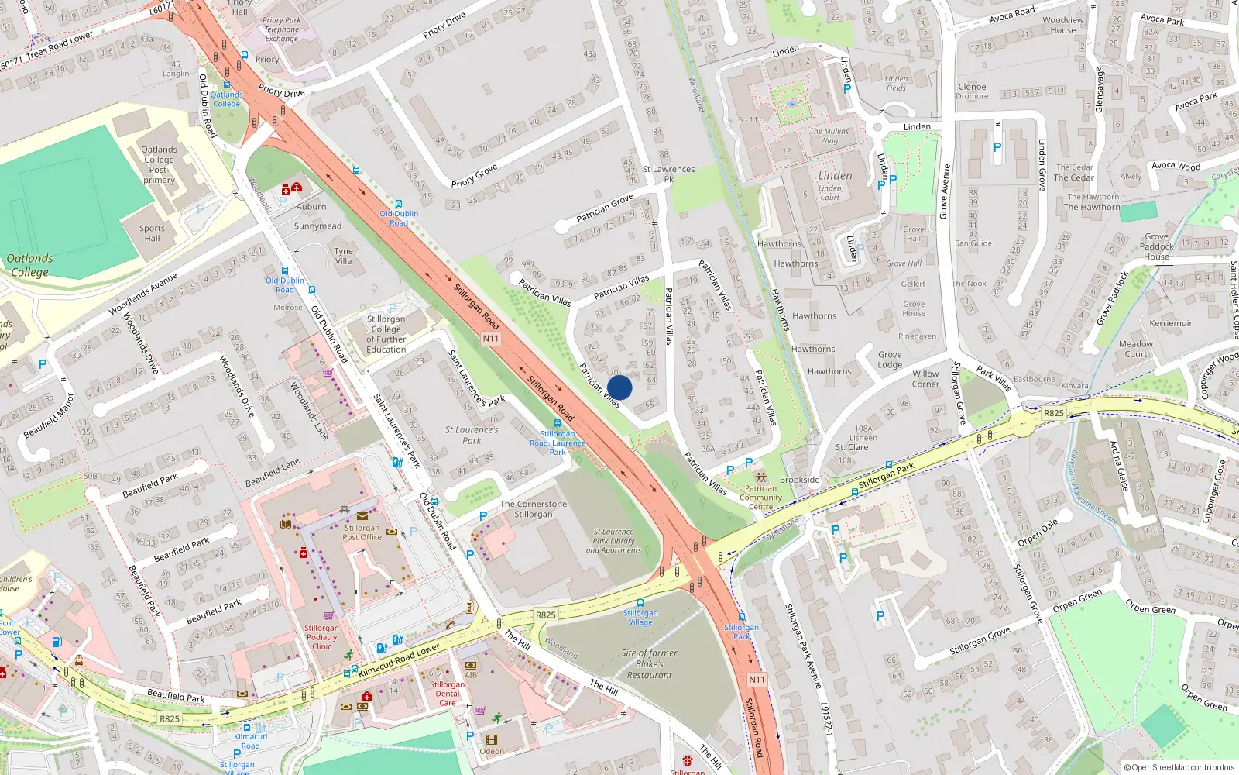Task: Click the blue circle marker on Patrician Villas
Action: tap(619, 387)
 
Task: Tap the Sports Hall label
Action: tap(152, 233)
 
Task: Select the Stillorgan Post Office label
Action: tap(362, 532)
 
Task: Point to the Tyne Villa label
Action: tap(343, 257)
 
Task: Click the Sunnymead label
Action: tap(317, 226)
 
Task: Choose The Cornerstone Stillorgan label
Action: tap(533, 509)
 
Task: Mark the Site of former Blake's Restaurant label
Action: tap(649, 664)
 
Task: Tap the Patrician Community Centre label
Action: tap(760, 498)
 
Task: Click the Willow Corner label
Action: tap(925, 379)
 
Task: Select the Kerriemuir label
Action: tap(1171, 323)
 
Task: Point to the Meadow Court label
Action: tap(1135, 349)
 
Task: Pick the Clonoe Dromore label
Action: tap(972, 91)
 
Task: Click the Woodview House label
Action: tap(1062, 26)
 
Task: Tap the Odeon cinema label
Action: tap(492, 751)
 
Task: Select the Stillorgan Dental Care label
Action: tap(448, 694)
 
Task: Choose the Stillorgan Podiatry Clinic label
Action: tap(321, 637)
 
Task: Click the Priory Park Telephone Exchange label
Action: tap(281, 29)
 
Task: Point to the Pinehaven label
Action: tap(917, 336)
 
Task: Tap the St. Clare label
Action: tap(851, 447)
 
